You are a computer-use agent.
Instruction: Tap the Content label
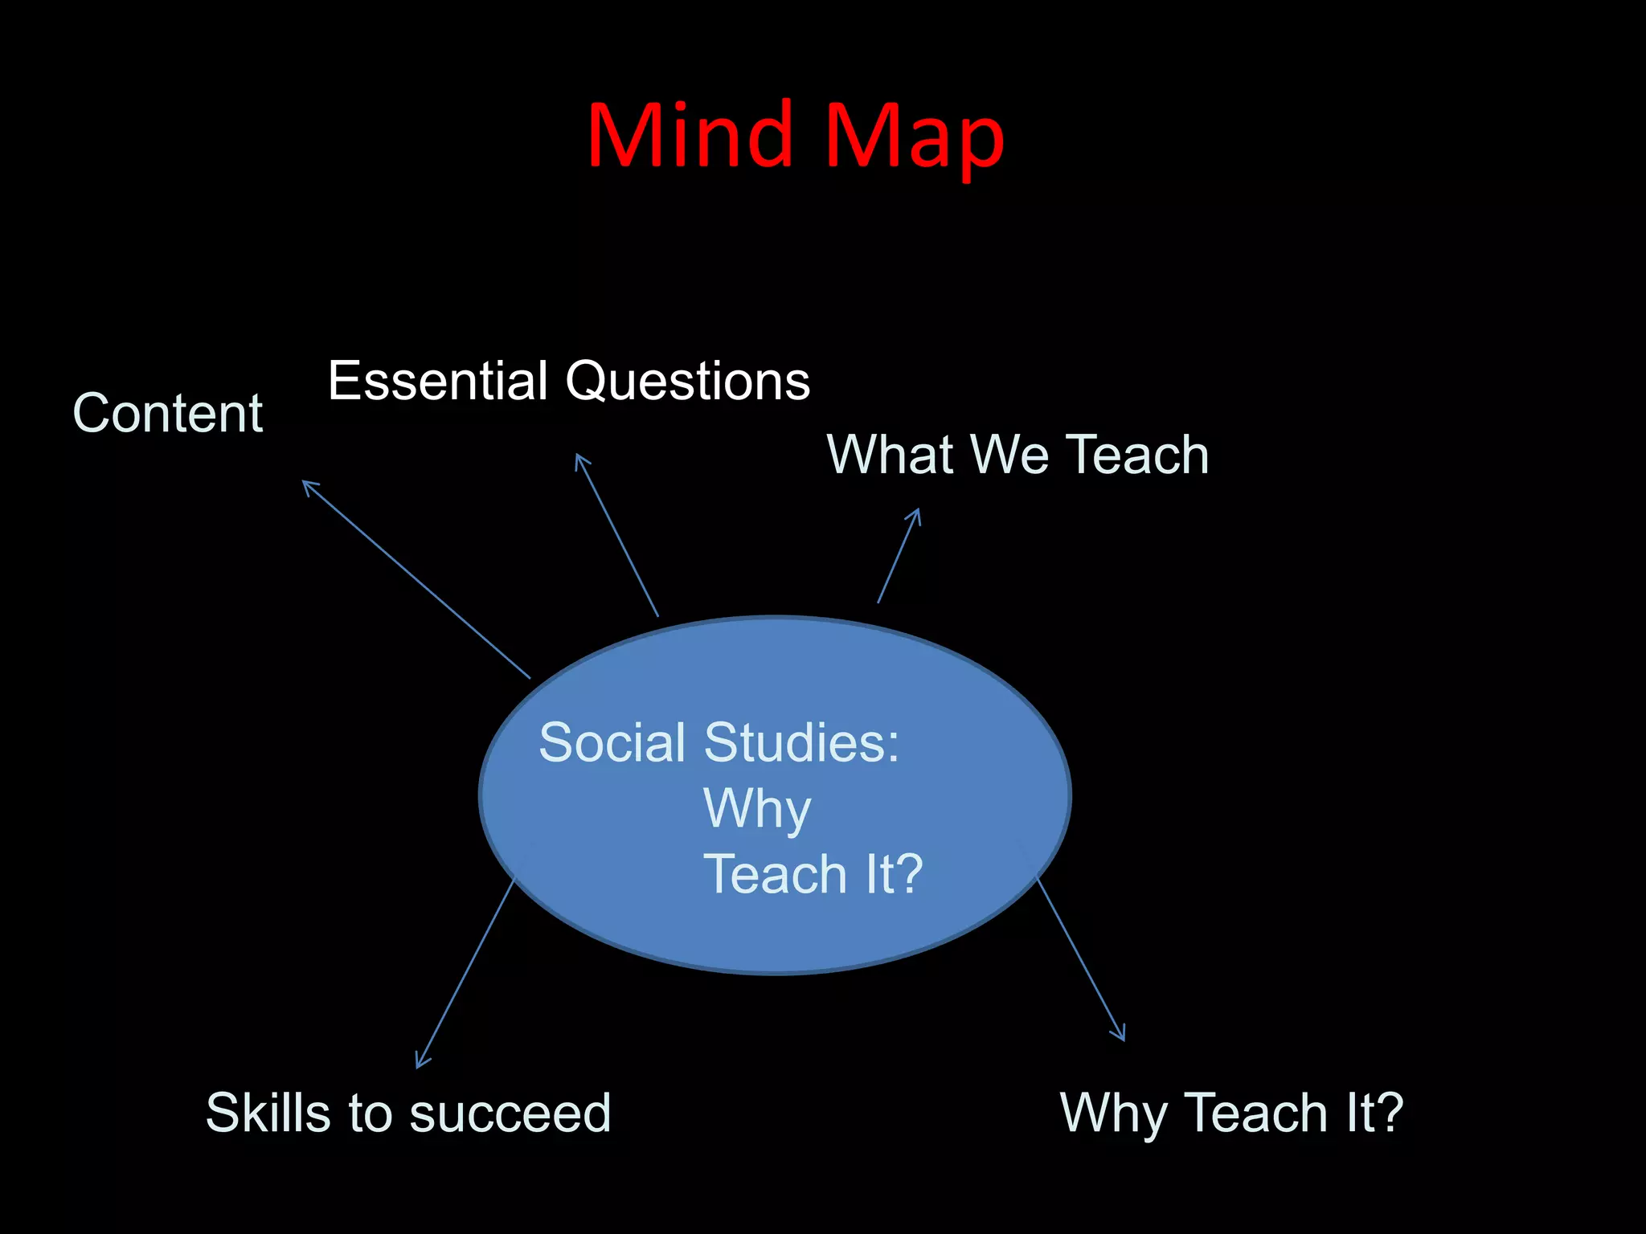(167, 414)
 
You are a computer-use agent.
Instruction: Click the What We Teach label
(1017, 455)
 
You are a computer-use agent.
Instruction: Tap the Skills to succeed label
(408, 1113)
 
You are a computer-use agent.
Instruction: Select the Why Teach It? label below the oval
(1231, 1113)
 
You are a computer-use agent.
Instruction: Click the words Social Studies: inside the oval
(719, 742)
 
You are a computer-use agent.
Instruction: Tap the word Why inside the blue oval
(757, 810)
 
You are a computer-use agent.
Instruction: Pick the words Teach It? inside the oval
(813, 874)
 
